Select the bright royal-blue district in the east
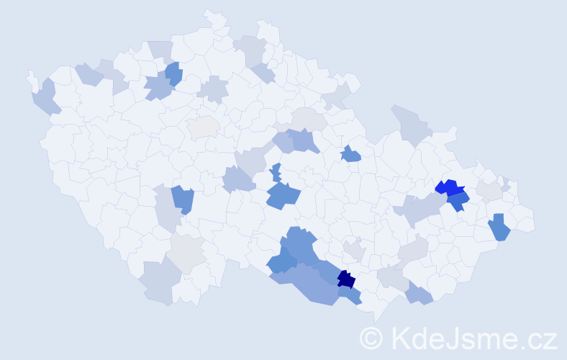[x=448, y=188]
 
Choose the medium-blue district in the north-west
[x=173, y=73]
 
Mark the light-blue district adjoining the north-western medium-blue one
[x=158, y=88]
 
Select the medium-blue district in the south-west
[x=183, y=199]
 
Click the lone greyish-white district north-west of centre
[x=203, y=127]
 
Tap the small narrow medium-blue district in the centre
[x=276, y=173]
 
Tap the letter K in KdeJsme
[x=399, y=337]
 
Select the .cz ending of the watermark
[x=539, y=337]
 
